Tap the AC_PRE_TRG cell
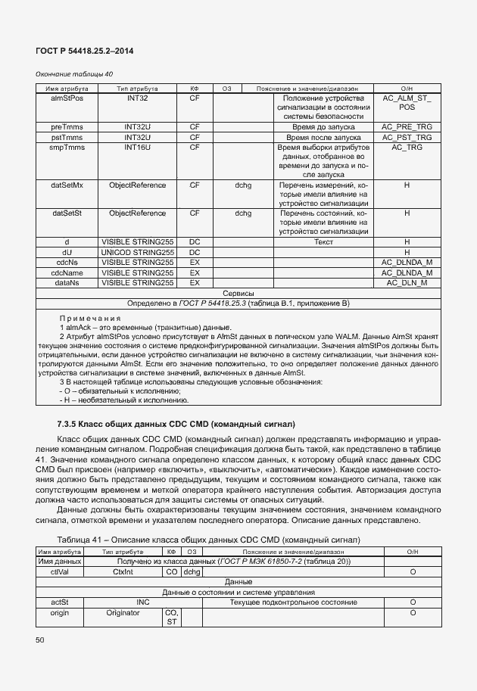pos(407,127)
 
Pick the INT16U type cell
pos(137,147)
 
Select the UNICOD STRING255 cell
pos(137,252)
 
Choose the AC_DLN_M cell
pos(407,282)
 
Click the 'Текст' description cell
pos(323,242)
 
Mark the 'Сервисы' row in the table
pos(238,293)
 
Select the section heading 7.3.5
pos(176,422)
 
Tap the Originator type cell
pos(123,612)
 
